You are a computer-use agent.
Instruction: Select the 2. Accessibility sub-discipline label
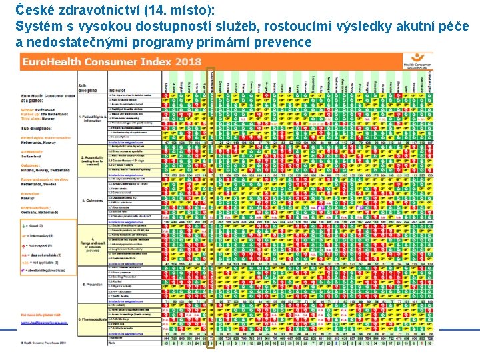tap(92, 161)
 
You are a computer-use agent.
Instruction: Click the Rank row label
tap(113, 343)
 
